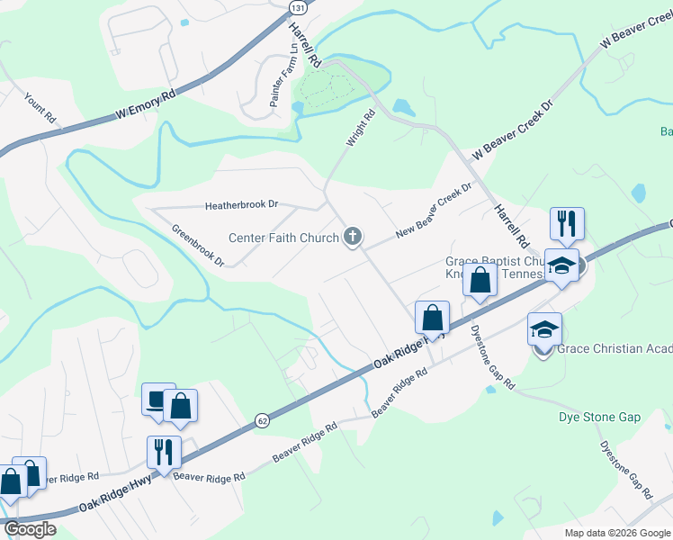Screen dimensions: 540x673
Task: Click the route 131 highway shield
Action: click(x=295, y=7)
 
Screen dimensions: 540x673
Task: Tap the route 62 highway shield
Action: click(x=262, y=419)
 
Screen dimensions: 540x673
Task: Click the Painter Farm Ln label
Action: click(x=276, y=79)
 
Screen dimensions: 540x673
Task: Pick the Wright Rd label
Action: click(x=361, y=129)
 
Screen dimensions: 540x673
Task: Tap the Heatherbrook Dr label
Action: click(x=241, y=205)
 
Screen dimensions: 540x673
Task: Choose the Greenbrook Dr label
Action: click(x=198, y=244)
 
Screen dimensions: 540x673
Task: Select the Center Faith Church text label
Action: click(x=283, y=238)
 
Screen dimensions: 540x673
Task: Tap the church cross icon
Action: click(x=353, y=238)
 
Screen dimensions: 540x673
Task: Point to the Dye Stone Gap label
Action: click(x=599, y=417)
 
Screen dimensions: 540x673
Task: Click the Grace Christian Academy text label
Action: click(x=615, y=349)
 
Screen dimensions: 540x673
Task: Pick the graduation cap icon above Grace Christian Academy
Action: click(x=544, y=328)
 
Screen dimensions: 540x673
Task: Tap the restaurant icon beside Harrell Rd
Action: click(x=567, y=222)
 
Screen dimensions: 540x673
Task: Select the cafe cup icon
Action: click(x=158, y=400)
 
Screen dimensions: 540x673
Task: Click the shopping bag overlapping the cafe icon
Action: click(x=180, y=407)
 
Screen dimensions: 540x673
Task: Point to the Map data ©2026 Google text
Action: click(x=617, y=533)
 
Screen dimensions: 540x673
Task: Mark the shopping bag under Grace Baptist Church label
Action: click(x=480, y=281)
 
